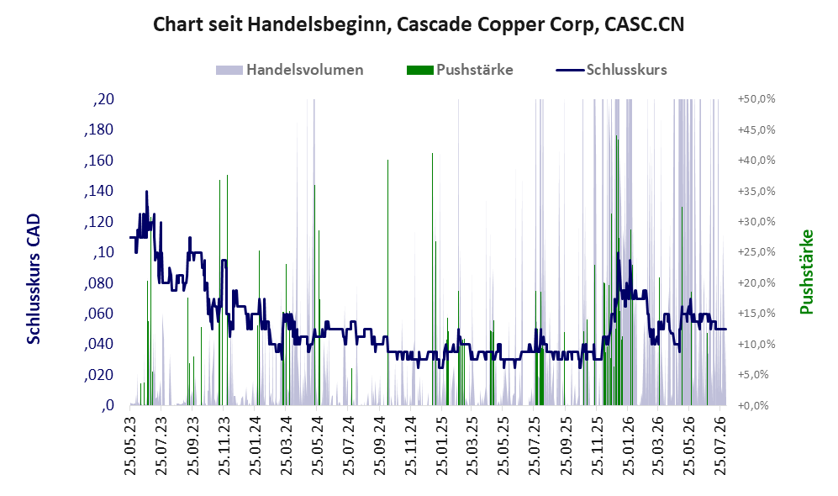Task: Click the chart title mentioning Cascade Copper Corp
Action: pyautogui.click(x=419, y=24)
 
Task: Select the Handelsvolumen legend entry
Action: pyautogui.click(x=290, y=70)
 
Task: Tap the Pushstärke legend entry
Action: pyautogui.click(x=460, y=70)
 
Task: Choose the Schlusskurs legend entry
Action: pyautogui.click(x=611, y=70)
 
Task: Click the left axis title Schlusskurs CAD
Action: pyautogui.click(x=34, y=279)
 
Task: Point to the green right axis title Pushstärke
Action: pyautogui.click(x=806, y=272)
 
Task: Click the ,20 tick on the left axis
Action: pyautogui.click(x=103, y=99)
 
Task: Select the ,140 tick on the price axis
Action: pyautogui.click(x=99, y=192)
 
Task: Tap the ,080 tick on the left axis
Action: pyautogui.click(x=99, y=283)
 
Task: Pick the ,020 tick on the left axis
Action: pyautogui.click(x=99, y=375)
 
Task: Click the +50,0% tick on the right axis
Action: pyautogui.click(x=756, y=99)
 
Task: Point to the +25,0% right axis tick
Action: pyautogui.click(x=756, y=252)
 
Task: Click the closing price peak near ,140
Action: pyautogui.click(x=146, y=192)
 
